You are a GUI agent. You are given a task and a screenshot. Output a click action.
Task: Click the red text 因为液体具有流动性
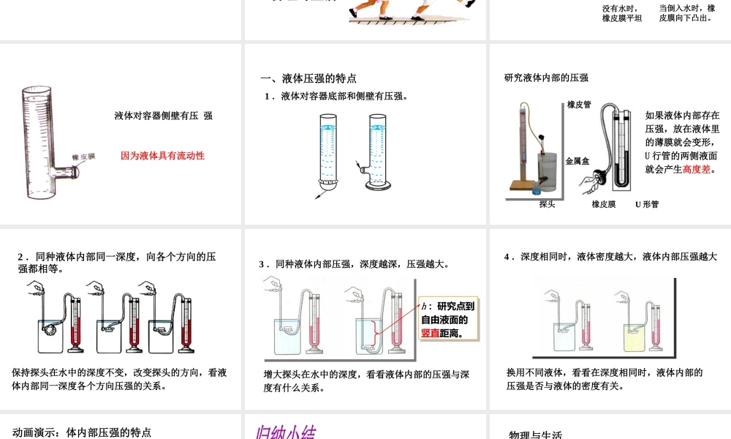click(x=162, y=156)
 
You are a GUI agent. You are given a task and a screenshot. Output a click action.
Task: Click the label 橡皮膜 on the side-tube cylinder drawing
click(x=83, y=157)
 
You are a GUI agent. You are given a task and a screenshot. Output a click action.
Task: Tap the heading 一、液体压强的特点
click(x=308, y=78)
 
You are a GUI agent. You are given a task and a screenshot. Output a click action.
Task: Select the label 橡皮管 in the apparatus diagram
click(x=579, y=105)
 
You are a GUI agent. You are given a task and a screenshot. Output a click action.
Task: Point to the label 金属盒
click(x=577, y=161)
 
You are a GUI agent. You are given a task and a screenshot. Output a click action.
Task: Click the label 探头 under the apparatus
click(x=547, y=204)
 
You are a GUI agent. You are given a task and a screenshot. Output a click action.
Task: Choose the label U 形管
click(x=647, y=204)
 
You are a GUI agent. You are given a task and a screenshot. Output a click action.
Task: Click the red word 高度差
click(x=696, y=169)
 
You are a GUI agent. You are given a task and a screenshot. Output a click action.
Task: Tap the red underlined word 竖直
click(x=431, y=333)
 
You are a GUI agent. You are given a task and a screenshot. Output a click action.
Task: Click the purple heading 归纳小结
click(x=285, y=432)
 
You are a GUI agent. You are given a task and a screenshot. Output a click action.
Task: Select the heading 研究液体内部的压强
click(x=546, y=78)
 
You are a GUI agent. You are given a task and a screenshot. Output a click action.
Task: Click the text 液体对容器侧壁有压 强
click(x=164, y=116)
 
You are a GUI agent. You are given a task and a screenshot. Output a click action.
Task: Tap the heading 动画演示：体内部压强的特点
click(x=82, y=432)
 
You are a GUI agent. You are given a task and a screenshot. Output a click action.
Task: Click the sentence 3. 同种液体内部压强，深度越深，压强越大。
click(x=354, y=264)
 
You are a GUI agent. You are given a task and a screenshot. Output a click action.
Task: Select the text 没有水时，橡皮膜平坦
click(x=622, y=13)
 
